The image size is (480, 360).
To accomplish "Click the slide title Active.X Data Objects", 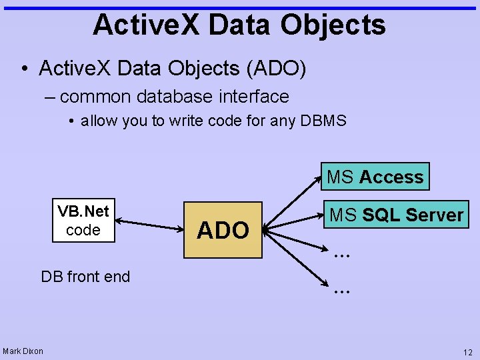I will click(x=239, y=25).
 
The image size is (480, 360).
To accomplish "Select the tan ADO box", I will click(x=223, y=229).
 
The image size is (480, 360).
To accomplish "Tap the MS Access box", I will click(x=375, y=177).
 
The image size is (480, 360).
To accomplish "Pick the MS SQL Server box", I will click(x=396, y=215).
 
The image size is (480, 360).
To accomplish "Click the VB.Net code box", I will click(x=83, y=221).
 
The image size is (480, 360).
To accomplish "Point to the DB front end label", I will click(x=85, y=277).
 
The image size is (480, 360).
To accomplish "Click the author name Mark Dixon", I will click(x=23, y=351).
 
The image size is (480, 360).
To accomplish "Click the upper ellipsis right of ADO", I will click(x=341, y=253).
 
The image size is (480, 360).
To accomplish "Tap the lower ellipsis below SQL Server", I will click(x=341, y=290).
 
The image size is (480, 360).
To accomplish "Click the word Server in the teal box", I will click(x=434, y=215).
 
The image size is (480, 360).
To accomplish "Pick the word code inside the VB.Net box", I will click(x=83, y=230).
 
